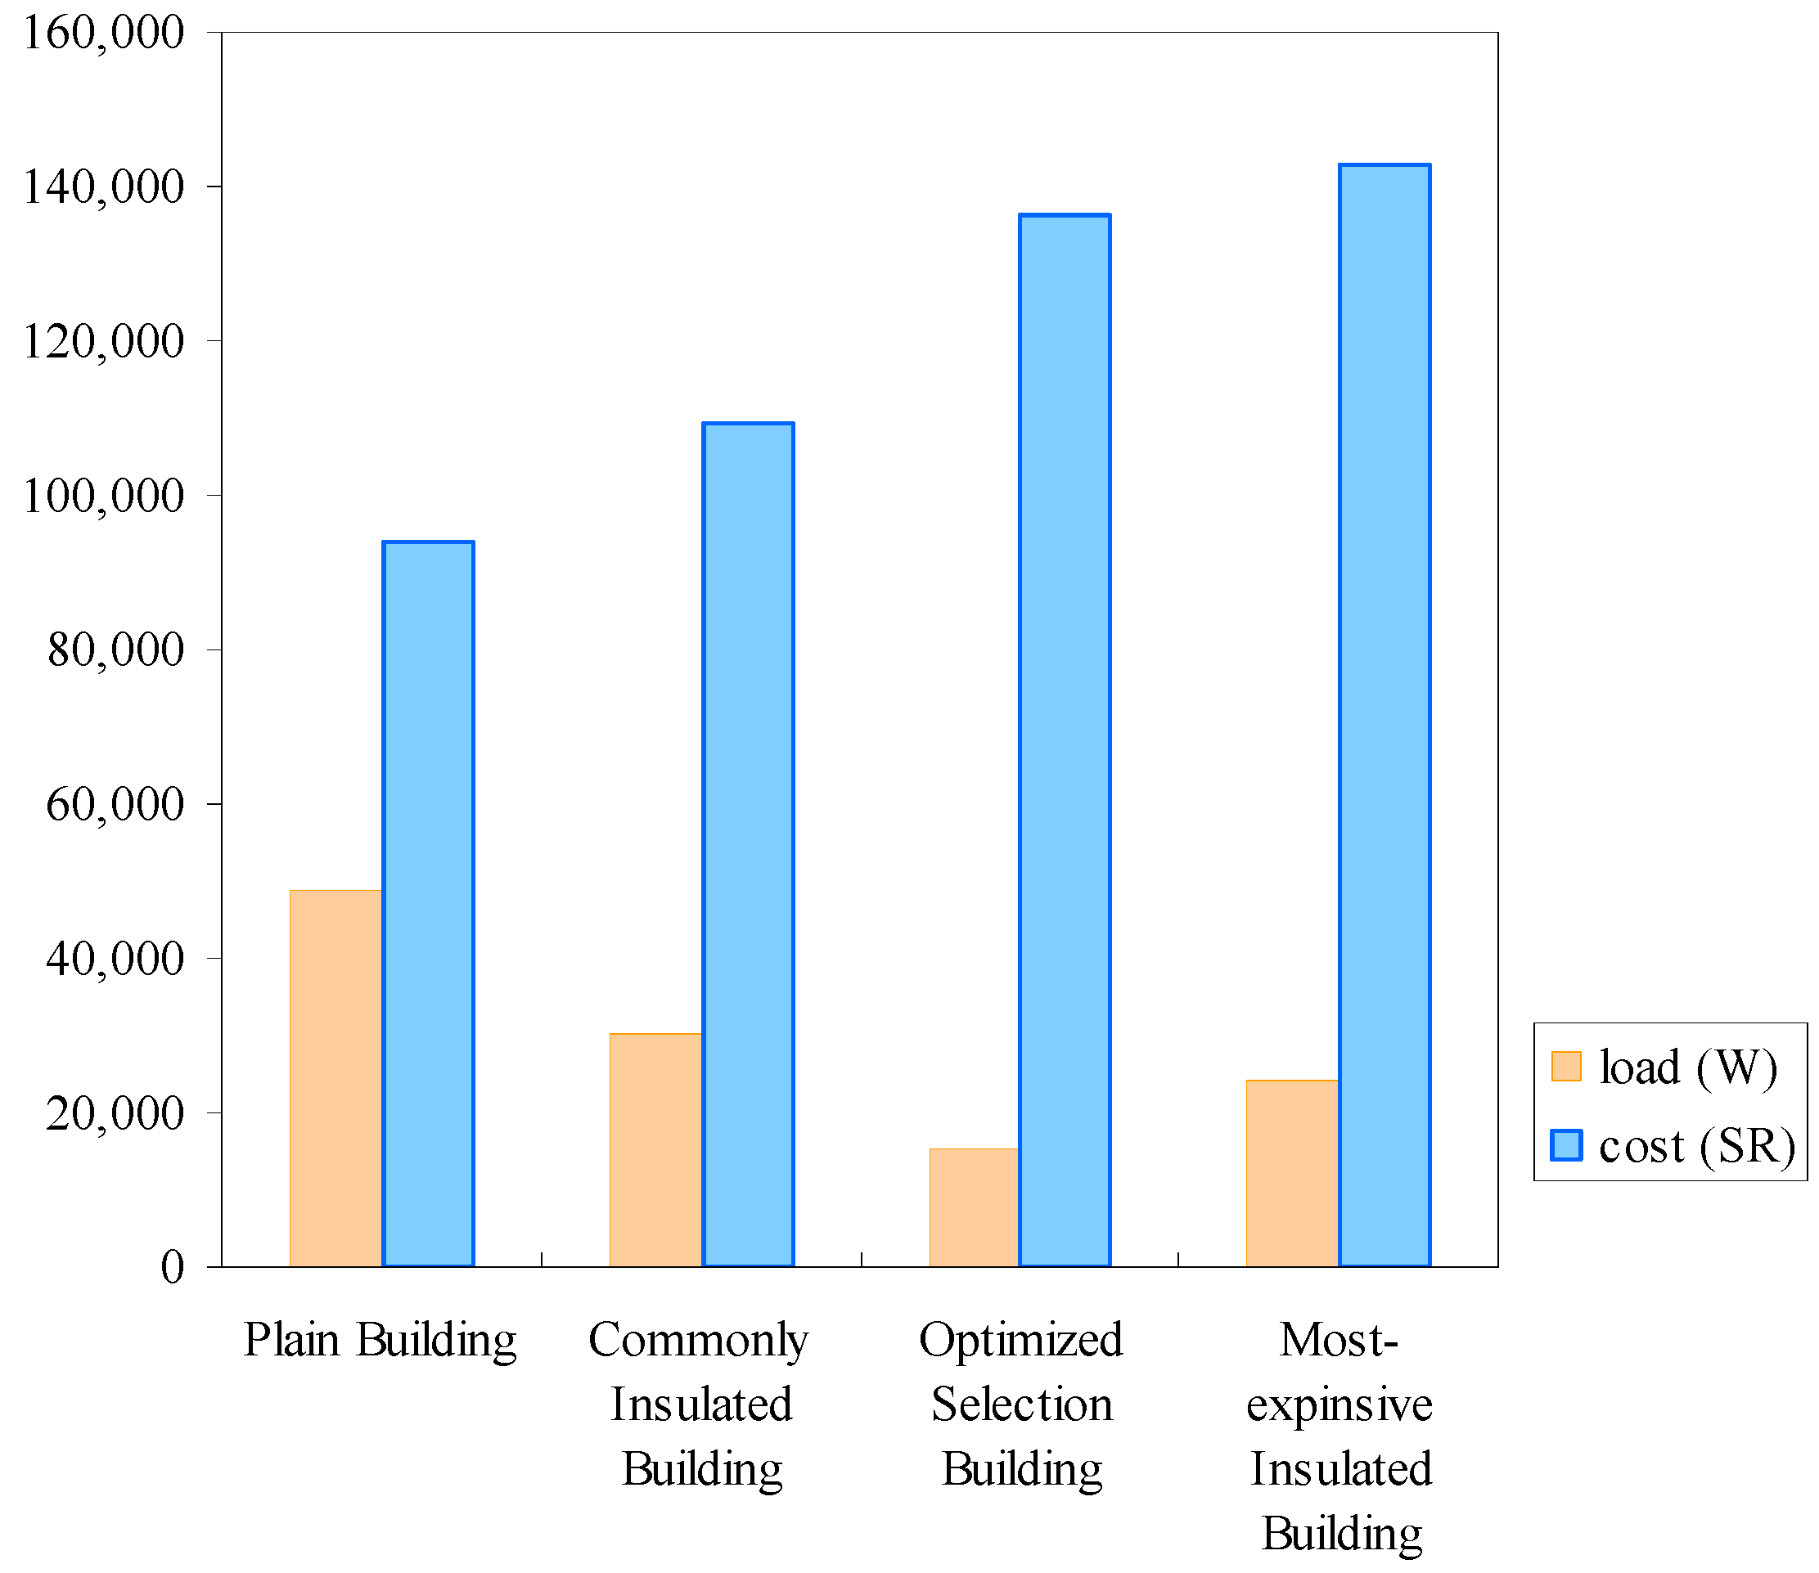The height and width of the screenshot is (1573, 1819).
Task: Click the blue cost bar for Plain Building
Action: point(429,904)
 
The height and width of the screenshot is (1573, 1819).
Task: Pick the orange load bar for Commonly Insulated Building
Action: point(655,1150)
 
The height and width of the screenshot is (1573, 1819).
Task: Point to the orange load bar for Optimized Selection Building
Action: point(974,1207)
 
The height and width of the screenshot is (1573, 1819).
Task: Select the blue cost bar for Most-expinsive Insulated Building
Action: point(1385,716)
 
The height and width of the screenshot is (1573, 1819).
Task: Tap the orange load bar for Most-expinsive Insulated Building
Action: point(1291,1173)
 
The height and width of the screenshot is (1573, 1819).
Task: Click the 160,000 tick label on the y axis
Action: point(104,34)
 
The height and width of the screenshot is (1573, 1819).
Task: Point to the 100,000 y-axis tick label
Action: point(104,496)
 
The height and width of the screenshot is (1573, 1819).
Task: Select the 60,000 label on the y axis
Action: point(115,804)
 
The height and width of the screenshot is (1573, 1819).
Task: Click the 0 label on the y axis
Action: point(172,1266)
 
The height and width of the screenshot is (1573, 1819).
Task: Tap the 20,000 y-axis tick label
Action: point(115,1113)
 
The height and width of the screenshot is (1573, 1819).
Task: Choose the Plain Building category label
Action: point(379,1341)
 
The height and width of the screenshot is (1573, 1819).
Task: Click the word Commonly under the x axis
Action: point(698,1341)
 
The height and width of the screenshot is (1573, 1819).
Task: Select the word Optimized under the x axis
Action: point(1020,1341)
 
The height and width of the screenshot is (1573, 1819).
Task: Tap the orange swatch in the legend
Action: point(1565,1066)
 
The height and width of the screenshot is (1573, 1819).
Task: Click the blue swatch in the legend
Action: point(1565,1144)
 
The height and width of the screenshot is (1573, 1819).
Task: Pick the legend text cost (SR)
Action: point(1696,1145)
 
